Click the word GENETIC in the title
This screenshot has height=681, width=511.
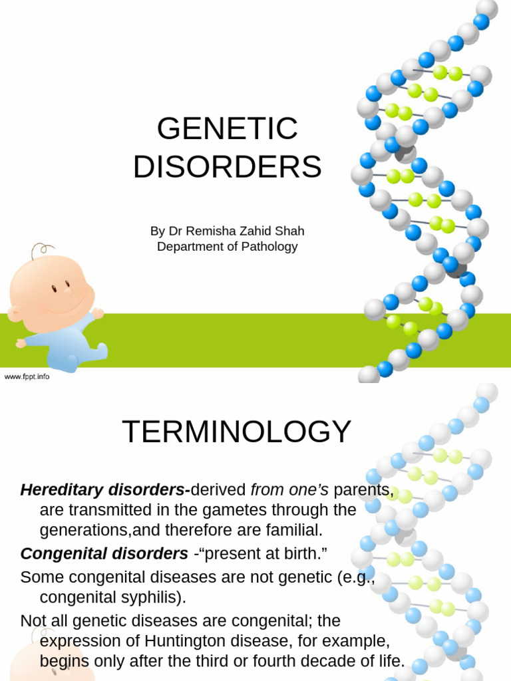[227, 128]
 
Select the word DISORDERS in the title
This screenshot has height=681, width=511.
[227, 166]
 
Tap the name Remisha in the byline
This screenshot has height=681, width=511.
[214, 231]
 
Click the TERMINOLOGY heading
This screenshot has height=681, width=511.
[236, 432]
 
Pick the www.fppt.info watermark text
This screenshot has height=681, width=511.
[27, 376]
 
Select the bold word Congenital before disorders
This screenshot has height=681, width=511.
[60, 553]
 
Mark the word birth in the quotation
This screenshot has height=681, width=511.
[303, 553]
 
